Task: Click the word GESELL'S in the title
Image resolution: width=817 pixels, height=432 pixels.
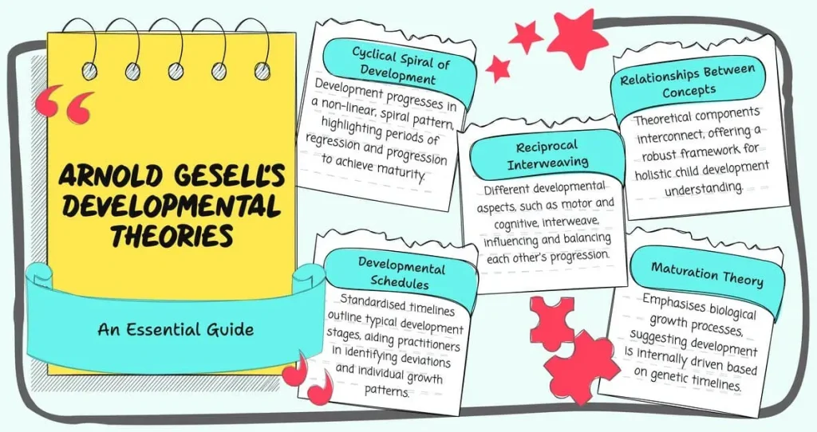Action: [x=224, y=175]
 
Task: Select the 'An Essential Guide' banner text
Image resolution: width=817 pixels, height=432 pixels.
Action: [x=176, y=329]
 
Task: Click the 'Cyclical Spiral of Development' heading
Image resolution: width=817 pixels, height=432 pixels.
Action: [x=399, y=65]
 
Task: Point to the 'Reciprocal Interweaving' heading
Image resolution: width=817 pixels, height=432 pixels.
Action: [x=547, y=155]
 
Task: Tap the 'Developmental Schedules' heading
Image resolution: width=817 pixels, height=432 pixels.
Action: [x=401, y=273]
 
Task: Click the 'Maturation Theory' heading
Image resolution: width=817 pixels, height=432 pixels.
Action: [x=707, y=275]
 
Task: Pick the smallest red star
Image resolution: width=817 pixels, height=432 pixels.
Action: [x=499, y=69]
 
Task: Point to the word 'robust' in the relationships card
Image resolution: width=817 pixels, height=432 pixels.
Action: [x=658, y=155]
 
